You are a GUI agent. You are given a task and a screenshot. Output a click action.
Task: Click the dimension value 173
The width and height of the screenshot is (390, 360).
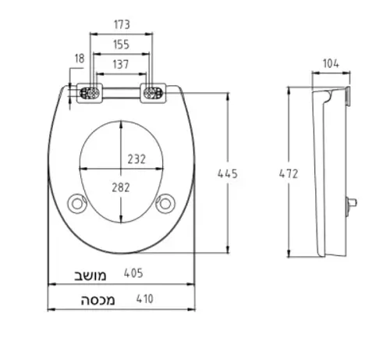tap(122, 24)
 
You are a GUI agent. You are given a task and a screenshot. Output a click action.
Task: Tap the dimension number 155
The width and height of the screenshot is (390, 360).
tap(121, 45)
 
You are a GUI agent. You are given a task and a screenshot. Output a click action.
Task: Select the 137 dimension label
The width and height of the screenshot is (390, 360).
tap(121, 64)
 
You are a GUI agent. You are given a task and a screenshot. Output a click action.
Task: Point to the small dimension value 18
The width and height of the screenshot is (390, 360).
tap(80, 59)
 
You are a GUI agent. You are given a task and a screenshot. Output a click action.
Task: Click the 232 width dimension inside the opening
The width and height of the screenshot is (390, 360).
tap(136, 159)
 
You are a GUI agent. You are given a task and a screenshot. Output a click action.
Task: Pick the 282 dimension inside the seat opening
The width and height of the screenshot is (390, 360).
tap(121, 187)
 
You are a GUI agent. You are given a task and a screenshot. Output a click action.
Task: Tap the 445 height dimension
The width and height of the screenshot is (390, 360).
tap(228, 173)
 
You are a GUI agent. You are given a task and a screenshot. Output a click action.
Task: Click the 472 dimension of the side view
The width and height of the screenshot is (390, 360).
tap(289, 173)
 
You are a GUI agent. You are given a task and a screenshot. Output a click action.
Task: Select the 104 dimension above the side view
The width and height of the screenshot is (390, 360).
tap(331, 63)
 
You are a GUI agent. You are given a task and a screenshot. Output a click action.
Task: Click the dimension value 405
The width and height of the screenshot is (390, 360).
tap(133, 273)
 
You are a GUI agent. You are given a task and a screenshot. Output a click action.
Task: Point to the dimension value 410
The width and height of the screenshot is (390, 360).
tap(145, 299)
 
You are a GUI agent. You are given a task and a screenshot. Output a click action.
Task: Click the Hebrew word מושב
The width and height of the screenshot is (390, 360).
tap(90, 276)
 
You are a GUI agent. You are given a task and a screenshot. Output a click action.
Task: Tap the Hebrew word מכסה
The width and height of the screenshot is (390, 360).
tap(97, 300)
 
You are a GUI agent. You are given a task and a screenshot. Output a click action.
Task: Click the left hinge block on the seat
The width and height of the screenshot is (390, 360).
tap(90, 93)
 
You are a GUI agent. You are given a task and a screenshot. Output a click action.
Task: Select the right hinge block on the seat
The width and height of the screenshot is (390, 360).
tap(153, 93)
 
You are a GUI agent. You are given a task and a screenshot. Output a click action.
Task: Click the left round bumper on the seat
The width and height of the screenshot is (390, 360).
tap(77, 204)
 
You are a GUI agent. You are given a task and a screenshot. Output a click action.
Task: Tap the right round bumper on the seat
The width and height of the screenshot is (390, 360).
tap(165, 204)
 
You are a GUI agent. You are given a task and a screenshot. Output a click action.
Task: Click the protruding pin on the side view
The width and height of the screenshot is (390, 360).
tap(351, 202)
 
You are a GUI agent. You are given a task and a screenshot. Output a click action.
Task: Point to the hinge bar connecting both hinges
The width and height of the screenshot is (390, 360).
tap(122, 93)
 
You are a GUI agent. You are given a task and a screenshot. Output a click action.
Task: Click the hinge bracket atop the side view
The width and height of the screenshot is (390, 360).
tap(348, 96)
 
